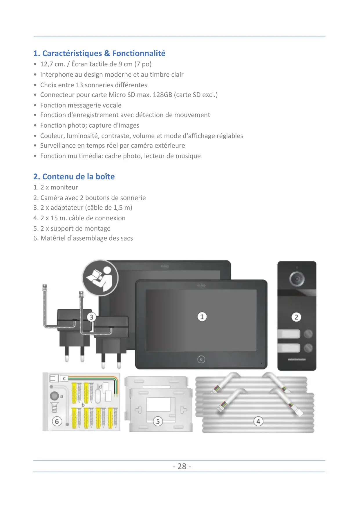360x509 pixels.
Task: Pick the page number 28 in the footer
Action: (182, 466)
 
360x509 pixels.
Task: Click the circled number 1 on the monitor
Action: (202, 317)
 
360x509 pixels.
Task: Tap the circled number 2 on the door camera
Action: (296, 317)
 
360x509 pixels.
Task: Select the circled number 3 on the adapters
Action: (91, 317)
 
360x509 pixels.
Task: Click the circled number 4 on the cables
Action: (258, 421)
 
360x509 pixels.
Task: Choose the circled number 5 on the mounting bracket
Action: (158, 421)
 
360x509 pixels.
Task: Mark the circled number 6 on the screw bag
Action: (57, 421)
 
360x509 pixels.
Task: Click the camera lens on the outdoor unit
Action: (297, 279)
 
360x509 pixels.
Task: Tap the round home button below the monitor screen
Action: (201, 360)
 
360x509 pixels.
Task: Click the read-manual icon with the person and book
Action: (100, 278)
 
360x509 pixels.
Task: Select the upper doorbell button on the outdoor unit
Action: (289, 334)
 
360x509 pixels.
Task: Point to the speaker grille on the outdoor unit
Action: (296, 360)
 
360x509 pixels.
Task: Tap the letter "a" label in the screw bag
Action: (61, 396)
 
